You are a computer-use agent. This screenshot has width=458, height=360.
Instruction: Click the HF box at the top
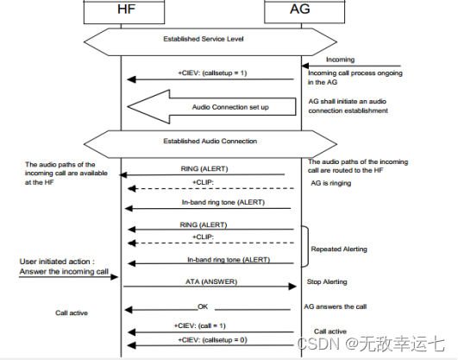[122, 12]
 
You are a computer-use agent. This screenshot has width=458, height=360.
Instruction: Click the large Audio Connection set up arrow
[207, 107]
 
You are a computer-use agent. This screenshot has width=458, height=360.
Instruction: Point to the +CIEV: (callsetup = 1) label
[211, 72]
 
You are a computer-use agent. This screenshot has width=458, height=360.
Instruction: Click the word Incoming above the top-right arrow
[342, 59]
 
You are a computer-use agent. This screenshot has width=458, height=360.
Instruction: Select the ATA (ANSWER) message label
[211, 281]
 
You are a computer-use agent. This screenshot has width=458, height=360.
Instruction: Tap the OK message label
[203, 305]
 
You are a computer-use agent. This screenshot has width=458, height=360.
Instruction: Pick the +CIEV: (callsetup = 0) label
[211, 340]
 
